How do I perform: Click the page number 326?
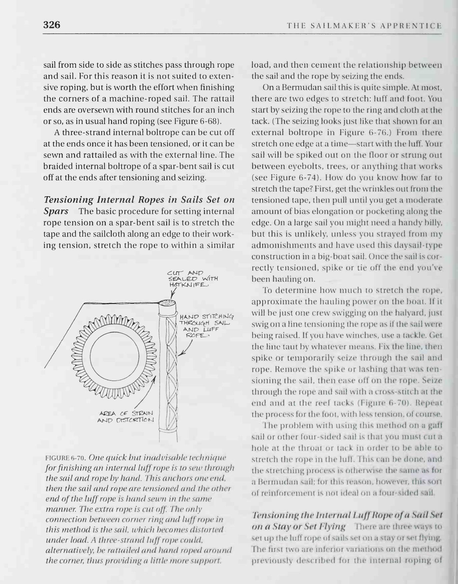[x=52, y=25]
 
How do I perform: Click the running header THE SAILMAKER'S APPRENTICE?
[x=364, y=26]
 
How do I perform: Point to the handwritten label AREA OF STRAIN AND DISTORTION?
[x=125, y=417]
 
